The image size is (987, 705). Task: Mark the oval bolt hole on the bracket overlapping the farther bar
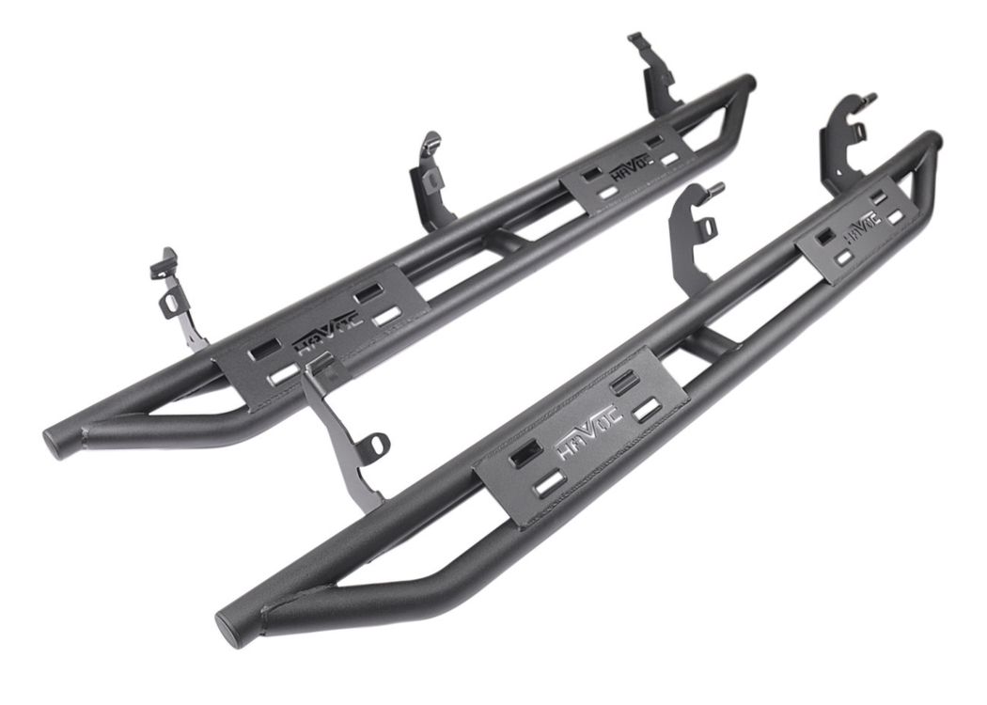coord(376,440)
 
